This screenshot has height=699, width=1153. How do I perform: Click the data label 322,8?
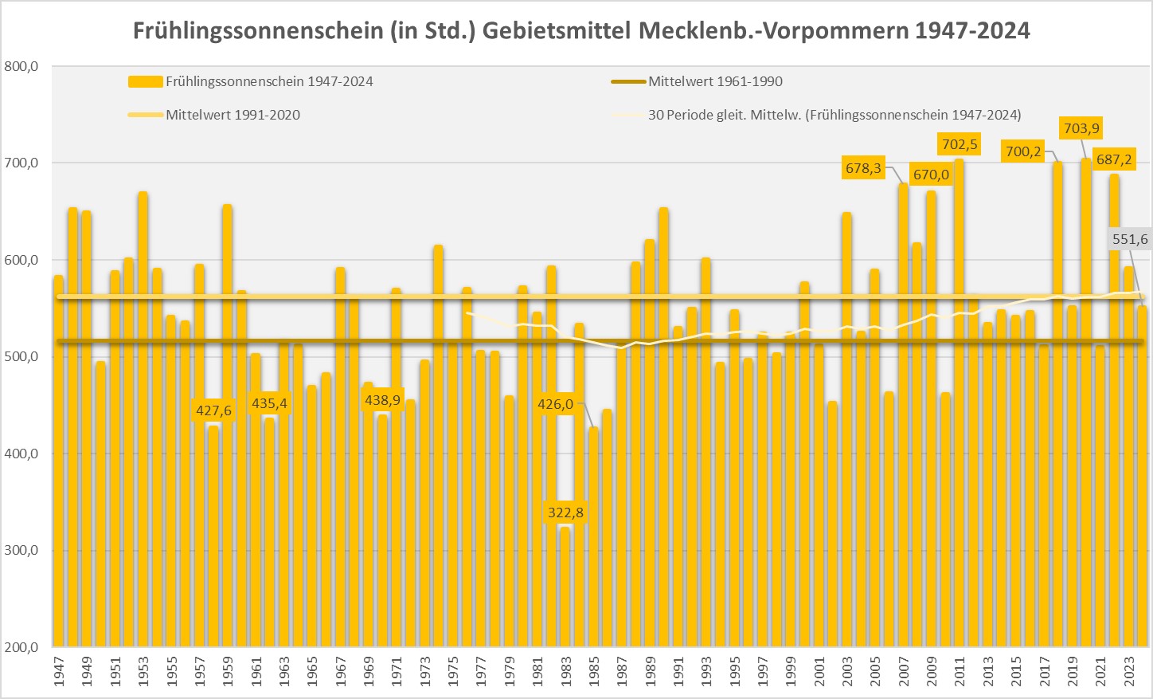(x=565, y=512)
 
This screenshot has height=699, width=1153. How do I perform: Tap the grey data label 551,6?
(x=1130, y=239)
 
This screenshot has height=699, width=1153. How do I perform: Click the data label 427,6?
(x=213, y=410)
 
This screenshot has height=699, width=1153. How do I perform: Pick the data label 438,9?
(x=382, y=400)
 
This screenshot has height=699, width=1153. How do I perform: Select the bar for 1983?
(x=565, y=586)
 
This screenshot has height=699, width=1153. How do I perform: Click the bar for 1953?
(x=143, y=414)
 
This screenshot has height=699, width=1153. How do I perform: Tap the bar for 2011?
(x=959, y=399)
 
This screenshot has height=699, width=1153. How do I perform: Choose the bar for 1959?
(x=227, y=422)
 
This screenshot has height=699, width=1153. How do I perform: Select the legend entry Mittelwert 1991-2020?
(x=233, y=115)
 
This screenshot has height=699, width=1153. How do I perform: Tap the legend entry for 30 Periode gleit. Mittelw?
(x=834, y=115)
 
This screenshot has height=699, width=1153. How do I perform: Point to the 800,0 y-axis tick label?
(x=21, y=67)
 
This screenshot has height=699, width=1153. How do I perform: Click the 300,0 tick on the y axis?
(x=21, y=551)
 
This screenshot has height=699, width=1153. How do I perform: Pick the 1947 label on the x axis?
(x=59, y=671)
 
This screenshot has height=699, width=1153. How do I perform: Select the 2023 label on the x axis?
(x=1128, y=671)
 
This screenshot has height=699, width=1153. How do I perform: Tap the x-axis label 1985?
(x=593, y=671)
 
